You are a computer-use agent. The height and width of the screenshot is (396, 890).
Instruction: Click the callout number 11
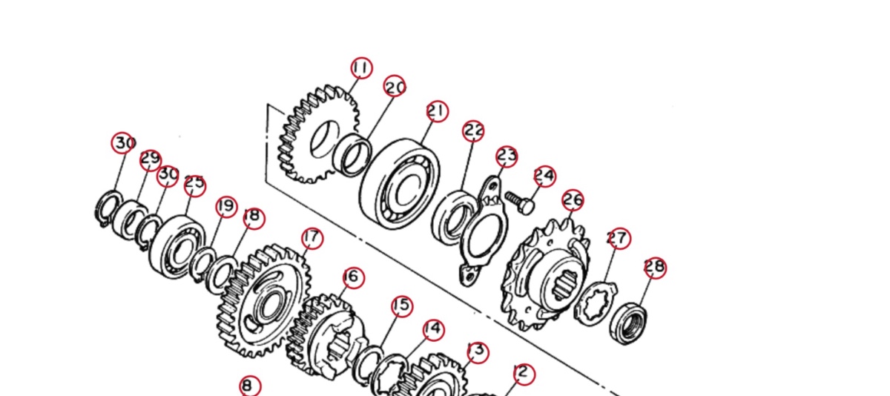click(x=362, y=68)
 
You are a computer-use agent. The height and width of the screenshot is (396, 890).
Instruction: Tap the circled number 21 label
click(x=438, y=111)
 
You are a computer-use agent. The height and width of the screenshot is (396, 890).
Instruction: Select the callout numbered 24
click(x=544, y=176)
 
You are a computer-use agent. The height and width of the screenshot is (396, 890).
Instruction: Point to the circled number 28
click(x=655, y=268)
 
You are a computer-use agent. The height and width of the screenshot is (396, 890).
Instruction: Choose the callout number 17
click(x=312, y=238)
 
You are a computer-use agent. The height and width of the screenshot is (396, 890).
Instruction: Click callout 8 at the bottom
click(x=251, y=386)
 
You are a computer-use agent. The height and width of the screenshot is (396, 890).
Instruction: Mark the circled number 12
click(x=524, y=374)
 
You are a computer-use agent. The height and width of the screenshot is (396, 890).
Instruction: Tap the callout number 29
click(x=150, y=160)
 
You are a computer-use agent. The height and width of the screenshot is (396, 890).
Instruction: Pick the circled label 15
click(x=402, y=306)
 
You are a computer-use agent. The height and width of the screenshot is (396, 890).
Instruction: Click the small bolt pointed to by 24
click(x=520, y=202)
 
